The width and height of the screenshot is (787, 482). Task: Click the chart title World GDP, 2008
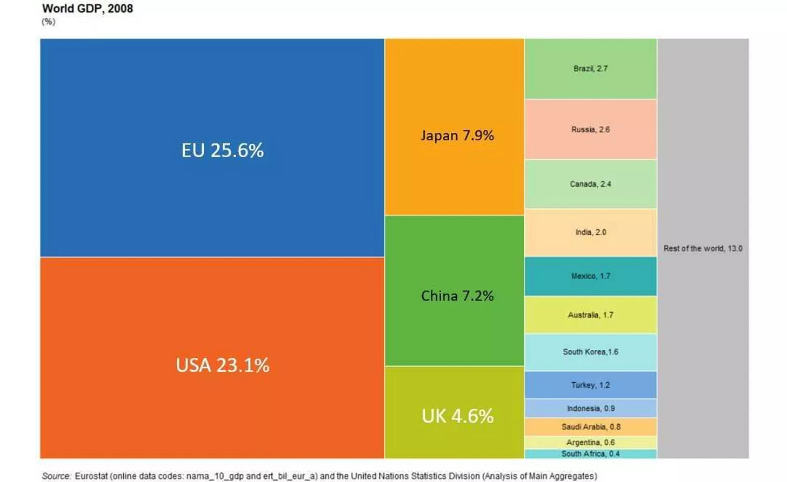point(88,9)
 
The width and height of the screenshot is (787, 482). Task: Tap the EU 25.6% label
point(222,150)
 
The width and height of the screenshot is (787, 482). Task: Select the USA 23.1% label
point(222,365)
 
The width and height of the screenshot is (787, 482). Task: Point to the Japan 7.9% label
point(457,135)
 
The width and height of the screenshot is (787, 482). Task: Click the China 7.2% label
point(457,296)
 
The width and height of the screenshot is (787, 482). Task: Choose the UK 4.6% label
point(457,416)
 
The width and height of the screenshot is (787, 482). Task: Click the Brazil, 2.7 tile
point(590,69)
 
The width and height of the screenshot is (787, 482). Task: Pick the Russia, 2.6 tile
point(590,130)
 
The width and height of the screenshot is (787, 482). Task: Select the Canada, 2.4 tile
point(590,184)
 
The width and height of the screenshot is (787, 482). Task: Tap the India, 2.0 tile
point(590,232)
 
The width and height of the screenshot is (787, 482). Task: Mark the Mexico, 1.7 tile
point(590,276)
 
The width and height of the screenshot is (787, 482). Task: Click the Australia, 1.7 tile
point(590,315)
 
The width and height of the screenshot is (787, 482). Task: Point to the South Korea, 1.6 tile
point(590,352)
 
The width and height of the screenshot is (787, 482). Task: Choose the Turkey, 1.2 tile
point(590,385)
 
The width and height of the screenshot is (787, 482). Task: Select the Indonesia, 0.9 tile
point(590,408)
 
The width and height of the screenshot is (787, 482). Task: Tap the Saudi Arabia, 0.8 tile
point(590,426)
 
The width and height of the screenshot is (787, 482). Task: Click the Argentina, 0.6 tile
point(590,442)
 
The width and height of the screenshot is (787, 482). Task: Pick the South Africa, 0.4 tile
point(590,454)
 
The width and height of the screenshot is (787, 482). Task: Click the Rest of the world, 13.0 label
point(703,248)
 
